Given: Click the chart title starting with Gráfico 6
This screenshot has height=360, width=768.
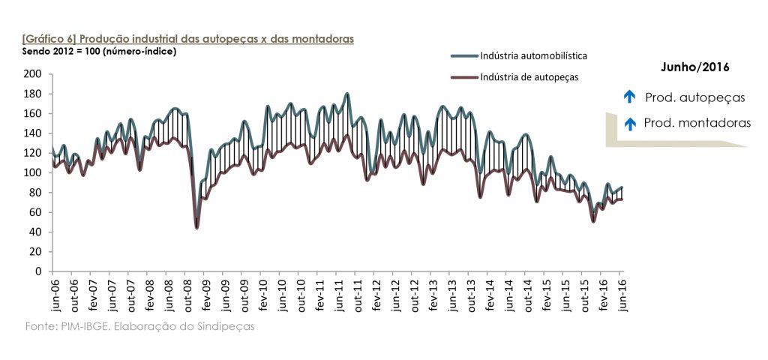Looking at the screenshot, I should coord(187,37).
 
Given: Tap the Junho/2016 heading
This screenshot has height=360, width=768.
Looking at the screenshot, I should coord(695,67).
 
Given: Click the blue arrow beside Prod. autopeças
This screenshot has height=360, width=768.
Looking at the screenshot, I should coord(629,97).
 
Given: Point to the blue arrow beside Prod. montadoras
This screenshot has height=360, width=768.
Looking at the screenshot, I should coord(629,123).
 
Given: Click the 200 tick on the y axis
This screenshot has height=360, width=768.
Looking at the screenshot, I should coord(32,74).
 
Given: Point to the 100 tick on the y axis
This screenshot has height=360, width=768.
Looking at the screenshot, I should coord(32,172).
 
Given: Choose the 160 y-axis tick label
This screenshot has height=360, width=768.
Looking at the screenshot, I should coord(32,113).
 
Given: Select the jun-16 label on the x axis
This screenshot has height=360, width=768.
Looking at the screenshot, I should coord(622,294).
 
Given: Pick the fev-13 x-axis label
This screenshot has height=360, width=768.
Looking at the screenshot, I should coord(433,294).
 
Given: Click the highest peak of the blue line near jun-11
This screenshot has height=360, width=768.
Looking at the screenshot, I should coord(346,94).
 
